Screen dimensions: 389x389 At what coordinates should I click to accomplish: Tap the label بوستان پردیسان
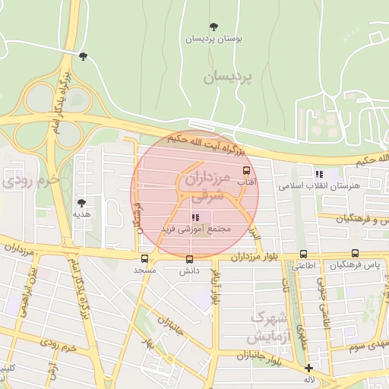214,38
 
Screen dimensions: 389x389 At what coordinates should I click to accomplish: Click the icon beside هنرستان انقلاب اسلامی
319,173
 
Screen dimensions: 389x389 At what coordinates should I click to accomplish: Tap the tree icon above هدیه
82,203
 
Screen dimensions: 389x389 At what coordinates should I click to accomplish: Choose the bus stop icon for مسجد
144,258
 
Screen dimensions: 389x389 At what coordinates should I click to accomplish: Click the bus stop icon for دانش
189,258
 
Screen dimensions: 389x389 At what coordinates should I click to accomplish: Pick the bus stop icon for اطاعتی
304,254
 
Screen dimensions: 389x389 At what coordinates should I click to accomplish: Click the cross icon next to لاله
308,368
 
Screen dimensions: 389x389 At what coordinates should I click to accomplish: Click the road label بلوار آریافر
216,287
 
